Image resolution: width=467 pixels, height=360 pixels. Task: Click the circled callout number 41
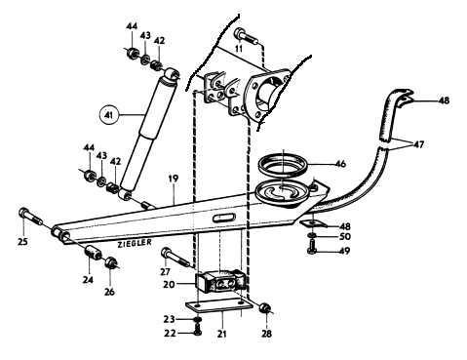point(109,115)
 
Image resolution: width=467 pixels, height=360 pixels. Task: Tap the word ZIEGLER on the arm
point(135,243)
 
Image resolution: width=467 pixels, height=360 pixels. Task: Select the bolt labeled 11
point(247,36)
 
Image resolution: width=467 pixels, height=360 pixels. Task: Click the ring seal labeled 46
point(284,163)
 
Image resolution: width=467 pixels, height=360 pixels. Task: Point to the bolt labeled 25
point(30,216)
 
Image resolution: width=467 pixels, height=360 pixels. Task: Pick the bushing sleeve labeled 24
point(93,253)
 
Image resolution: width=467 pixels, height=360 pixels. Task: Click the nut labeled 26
point(111,262)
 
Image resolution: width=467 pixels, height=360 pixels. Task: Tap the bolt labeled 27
point(175,257)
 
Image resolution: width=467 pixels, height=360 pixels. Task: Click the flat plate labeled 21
point(219,305)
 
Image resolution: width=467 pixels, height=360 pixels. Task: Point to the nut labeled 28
point(265,307)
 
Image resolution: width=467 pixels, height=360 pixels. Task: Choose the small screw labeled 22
point(197,330)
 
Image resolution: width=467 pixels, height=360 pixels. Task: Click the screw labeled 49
point(311,247)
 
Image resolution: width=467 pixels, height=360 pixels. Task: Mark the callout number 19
point(174,179)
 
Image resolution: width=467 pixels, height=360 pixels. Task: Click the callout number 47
point(418,143)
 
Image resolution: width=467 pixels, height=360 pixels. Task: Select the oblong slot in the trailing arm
point(224,218)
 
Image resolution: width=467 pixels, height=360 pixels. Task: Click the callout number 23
point(170,319)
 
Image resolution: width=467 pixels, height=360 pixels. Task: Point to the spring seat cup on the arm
point(282,193)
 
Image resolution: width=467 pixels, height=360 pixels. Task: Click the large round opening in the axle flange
point(267,94)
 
